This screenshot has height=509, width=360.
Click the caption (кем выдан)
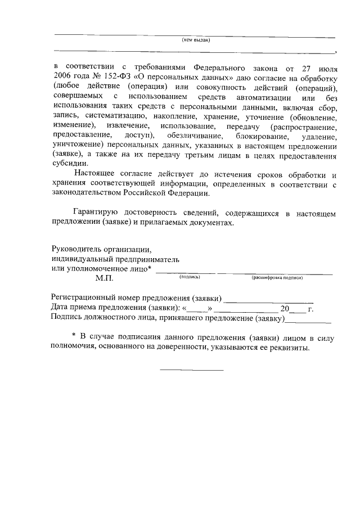[196, 40]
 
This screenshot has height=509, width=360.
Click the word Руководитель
[75, 248]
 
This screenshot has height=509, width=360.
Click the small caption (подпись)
[190, 277]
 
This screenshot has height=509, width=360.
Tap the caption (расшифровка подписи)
[278, 277]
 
